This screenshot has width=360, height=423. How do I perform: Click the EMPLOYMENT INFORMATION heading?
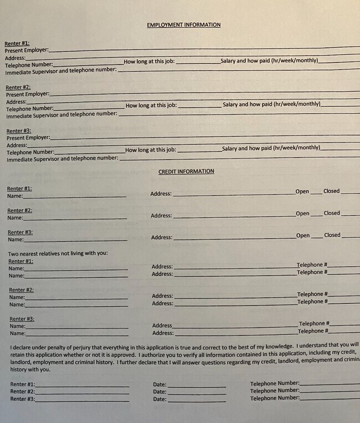pos(183,25)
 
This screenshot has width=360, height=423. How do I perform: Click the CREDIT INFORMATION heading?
pos(186,172)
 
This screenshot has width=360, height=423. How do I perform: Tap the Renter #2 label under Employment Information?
pos(18,87)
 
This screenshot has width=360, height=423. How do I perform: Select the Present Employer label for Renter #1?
pos(27,50)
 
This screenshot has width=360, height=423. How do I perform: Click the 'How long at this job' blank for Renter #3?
pos(199,150)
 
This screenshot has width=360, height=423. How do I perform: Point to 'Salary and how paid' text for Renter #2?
pos(271,104)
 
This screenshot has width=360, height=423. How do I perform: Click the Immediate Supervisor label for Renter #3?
pos(62,159)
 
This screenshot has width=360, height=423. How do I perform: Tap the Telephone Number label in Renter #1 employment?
pos(29,65)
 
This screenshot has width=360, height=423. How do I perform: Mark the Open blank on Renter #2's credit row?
pos(316,214)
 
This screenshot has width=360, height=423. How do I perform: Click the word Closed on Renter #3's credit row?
pos(332,235)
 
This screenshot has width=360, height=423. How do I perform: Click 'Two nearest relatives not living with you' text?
pos(58,254)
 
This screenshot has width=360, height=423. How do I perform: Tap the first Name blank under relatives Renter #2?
pos(76,298)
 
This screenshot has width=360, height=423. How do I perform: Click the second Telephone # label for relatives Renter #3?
pos(312,331)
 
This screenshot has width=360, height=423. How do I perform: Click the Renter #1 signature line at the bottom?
pos(82,384)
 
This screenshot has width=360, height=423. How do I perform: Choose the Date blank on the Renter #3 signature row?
pos(197,399)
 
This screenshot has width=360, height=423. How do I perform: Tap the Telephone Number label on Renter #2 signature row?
pos(274,391)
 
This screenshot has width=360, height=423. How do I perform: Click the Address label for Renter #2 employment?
pos(16,102)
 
